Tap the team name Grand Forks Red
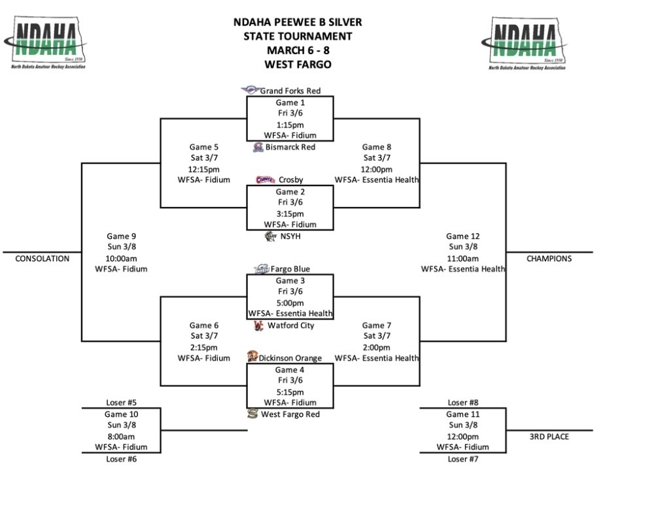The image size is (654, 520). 290,91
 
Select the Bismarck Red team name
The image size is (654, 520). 290,147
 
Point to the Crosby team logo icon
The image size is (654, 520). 265,180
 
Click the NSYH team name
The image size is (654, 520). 291,236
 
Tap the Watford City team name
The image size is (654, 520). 291,325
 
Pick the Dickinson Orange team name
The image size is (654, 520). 290,358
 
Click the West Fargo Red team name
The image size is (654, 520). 290,414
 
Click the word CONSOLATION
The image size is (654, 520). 42,259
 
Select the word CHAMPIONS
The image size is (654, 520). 549,259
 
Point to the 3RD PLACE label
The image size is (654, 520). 549,436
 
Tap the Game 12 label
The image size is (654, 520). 463,236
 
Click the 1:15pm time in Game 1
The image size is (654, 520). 290,125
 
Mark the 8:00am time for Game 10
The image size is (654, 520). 121,436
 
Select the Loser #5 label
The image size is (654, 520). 121,403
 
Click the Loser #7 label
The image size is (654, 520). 463,459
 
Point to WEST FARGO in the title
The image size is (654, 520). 298,65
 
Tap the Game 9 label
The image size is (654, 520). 121,236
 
